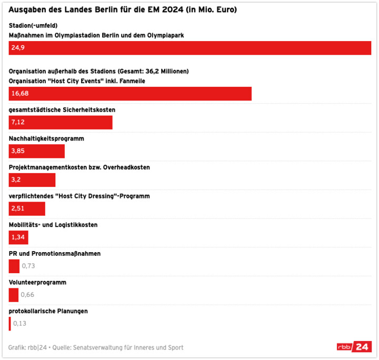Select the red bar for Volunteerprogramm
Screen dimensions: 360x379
click(x=14, y=295)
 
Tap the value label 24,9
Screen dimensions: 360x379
click(x=18, y=48)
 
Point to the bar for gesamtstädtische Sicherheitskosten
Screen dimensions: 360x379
click(x=61, y=122)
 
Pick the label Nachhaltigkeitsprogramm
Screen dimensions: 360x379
click(x=46, y=138)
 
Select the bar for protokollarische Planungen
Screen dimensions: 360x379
click(x=9, y=323)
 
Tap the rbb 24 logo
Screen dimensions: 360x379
click(x=354, y=347)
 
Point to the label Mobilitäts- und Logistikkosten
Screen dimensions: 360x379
click(x=53, y=225)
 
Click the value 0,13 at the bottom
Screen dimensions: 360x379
click(x=20, y=323)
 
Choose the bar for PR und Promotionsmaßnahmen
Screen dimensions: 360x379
click(x=14, y=266)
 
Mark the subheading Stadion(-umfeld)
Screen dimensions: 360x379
click(x=33, y=25)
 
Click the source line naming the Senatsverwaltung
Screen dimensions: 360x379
click(x=96, y=347)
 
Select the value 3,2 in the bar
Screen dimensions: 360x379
click(x=16, y=179)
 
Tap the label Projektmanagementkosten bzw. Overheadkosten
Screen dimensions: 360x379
click(x=79, y=167)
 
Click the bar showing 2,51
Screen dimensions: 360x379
click(x=27, y=208)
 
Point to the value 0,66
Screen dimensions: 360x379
click(x=27, y=295)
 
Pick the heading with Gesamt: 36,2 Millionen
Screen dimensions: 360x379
click(x=99, y=71)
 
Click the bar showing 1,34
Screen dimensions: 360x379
click(x=18, y=237)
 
